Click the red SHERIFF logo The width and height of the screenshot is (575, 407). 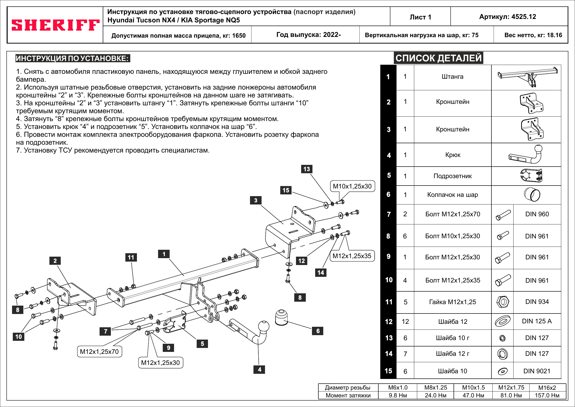[x=55, y=25]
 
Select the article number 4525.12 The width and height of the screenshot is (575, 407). [x=508, y=17]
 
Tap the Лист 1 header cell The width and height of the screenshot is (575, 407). [x=420, y=17]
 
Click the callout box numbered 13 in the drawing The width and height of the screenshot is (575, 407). [x=307, y=169]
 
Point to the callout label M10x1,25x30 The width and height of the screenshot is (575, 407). [x=352, y=186]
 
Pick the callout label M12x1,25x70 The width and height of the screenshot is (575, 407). [x=99, y=352]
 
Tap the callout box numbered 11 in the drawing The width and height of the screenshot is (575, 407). [x=131, y=257]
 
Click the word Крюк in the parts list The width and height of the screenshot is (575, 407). [x=453, y=155]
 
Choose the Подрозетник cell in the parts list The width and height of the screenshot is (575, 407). [x=453, y=176]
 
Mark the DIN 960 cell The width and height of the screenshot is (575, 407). [x=537, y=214]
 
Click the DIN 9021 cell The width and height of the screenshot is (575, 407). [x=537, y=371]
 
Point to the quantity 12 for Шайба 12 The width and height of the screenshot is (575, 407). [x=405, y=322]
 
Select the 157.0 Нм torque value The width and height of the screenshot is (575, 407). [x=547, y=395]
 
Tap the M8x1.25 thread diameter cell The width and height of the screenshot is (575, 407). [x=436, y=388]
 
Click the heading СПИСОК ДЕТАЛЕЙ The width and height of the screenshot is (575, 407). [x=438, y=58]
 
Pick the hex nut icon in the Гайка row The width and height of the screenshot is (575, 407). [x=502, y=302]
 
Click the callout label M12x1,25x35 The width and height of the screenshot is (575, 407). [x=352, y=256]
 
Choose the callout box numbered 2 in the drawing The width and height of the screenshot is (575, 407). [x=55, y=261]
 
